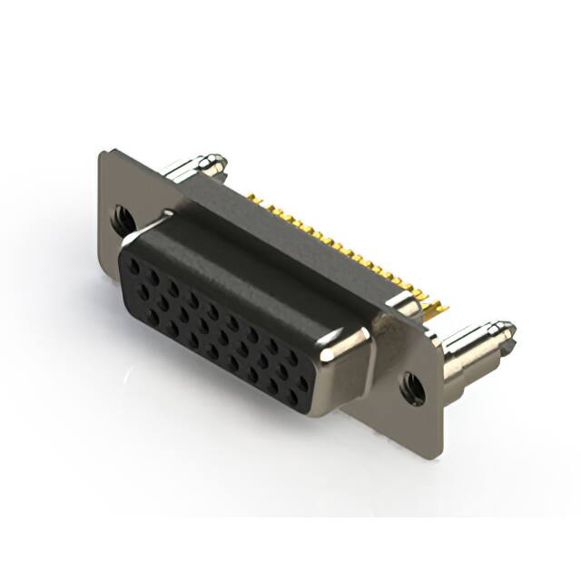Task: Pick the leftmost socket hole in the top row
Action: point(133,262)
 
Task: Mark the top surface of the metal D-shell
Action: point(254,263)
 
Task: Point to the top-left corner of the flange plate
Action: point(102,153)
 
